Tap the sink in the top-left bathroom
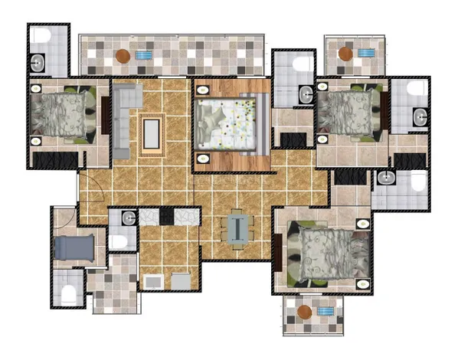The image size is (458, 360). click(x=38, y=62)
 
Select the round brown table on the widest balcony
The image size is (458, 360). click(x=123, y=55)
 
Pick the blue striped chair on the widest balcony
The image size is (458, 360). click(x=144, y=55)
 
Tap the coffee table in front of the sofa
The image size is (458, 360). click(x=152, y=131)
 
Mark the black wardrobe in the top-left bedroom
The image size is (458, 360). click(x=55, y=160)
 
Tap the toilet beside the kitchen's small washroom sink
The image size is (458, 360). click(x=119, y=241)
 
